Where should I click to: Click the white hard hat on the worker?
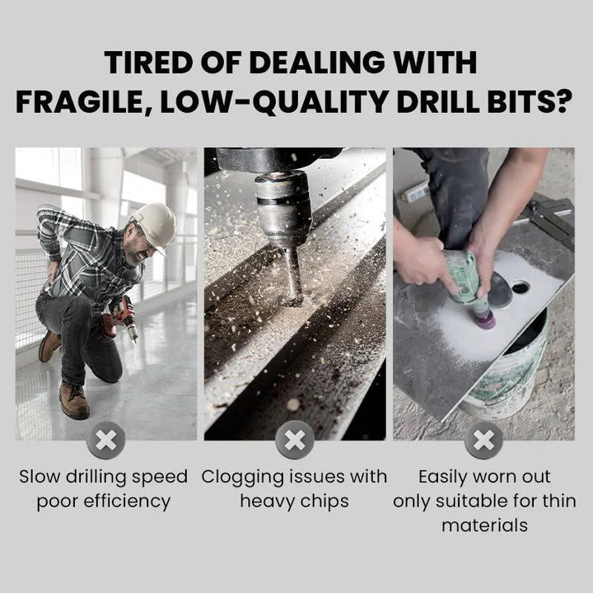pos(155,223)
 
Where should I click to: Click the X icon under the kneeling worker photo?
pos(105,442)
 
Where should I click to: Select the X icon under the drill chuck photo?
pos(295,442)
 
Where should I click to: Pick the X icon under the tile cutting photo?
pos(483,442)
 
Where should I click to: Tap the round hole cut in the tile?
pos(520,287)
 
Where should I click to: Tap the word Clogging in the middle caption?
pos(240,477)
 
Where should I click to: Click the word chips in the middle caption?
pos(325,501)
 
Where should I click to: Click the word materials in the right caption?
pos(483,525)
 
